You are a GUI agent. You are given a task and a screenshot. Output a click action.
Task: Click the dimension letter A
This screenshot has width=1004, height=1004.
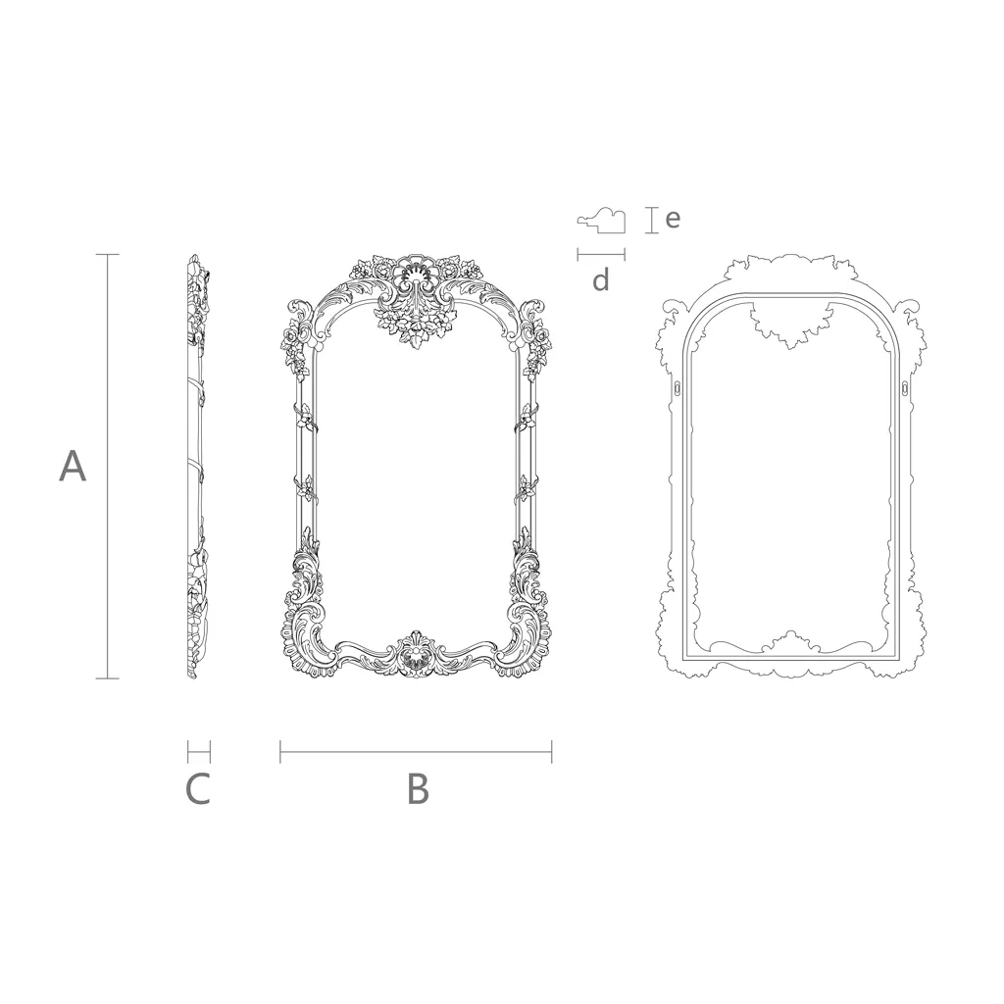coord(73,466)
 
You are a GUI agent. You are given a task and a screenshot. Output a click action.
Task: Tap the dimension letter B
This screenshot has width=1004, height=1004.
coord(418,789)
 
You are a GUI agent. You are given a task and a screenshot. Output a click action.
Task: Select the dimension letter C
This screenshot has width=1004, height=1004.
coord(198,789)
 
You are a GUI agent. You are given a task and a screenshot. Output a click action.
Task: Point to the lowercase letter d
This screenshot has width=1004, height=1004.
coord(601,279)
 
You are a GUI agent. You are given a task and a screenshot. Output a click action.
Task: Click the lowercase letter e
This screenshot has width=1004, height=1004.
coord(673,219)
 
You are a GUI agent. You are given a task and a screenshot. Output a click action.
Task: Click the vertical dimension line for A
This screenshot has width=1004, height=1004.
coord(108,466)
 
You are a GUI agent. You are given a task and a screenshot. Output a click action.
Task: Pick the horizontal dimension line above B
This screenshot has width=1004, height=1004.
coord(416,752)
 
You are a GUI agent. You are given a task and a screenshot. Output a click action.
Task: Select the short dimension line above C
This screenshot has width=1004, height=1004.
coord(199,752)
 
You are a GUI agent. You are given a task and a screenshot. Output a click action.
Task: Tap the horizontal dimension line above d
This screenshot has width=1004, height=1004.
coord(601,255)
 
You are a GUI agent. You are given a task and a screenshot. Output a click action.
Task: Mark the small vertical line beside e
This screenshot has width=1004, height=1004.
coord(652,220)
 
